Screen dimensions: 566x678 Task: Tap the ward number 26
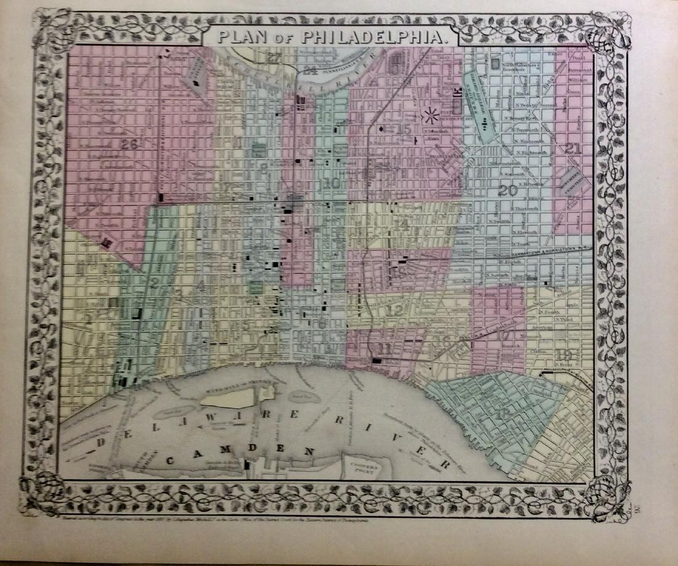point(129,145)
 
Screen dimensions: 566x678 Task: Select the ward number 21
point(573,149)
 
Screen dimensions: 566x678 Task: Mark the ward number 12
point(393,311)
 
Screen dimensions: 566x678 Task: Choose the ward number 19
point(563,355)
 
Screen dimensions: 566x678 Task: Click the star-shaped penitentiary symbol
point(430,115)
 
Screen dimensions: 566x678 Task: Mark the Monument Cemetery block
point(572,182)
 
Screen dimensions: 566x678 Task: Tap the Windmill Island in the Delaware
point(226,398)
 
